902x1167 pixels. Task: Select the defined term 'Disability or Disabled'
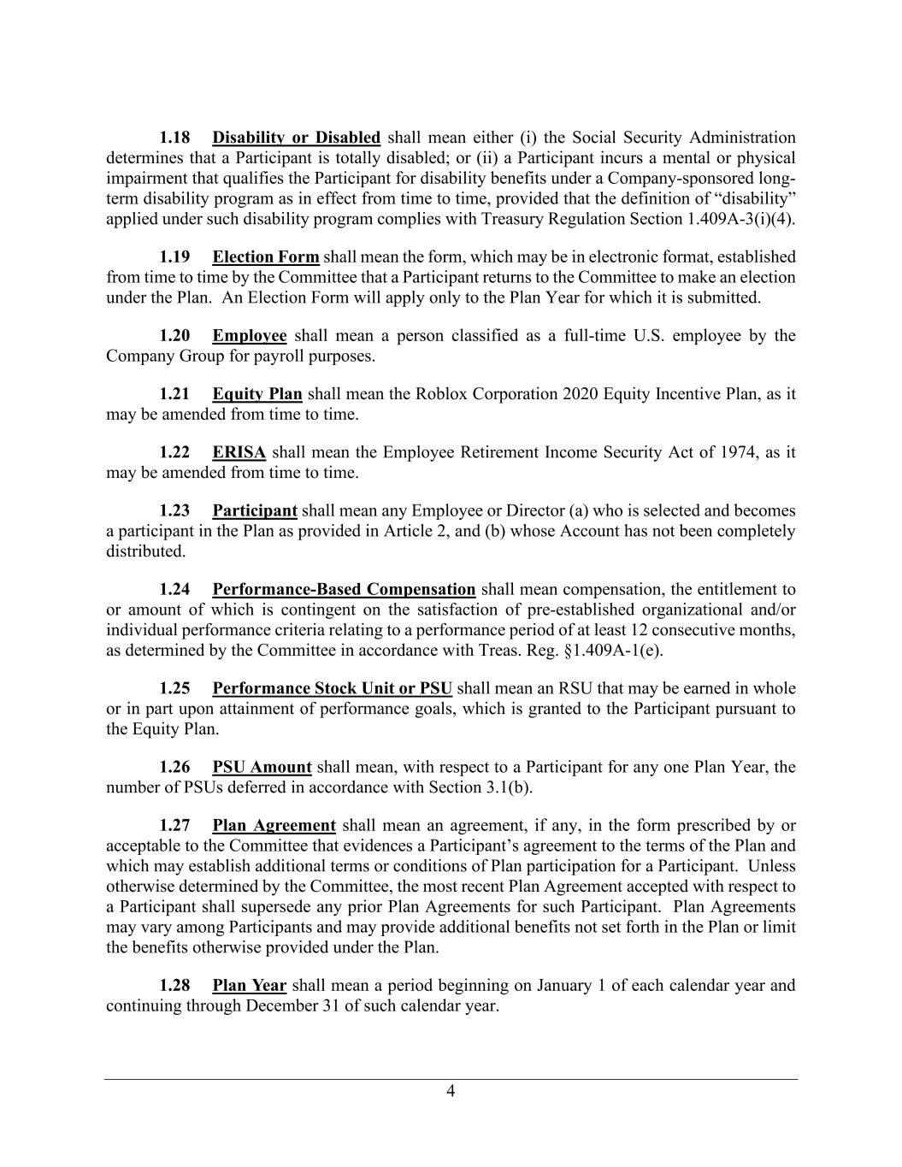[296, 138]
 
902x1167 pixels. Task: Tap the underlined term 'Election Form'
[266, 257]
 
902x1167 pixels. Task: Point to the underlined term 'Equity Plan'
[257, 394]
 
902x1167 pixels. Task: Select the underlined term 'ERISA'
[239, 452]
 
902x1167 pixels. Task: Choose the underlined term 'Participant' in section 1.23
[255, 511]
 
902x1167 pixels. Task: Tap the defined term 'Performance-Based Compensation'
[344, 590]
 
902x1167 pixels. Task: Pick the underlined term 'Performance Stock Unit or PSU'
[333, 689]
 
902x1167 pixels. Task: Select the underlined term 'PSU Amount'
[262, 768]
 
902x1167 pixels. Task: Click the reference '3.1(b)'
[510, 787]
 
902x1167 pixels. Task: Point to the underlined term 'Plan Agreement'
[274, 826]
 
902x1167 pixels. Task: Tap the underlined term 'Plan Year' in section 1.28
[250, 986]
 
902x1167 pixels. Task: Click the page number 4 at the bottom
[451, 1091]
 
